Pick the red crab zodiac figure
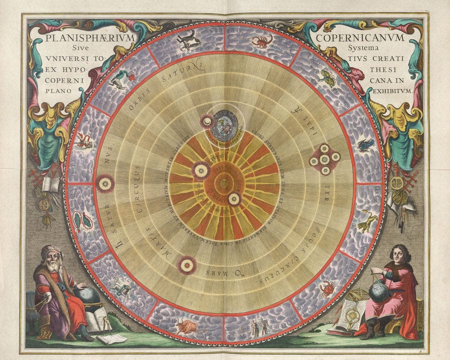pyautogui.click(x=327, y=288)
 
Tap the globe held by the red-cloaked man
pyautogui.click(x=380, y=291)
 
